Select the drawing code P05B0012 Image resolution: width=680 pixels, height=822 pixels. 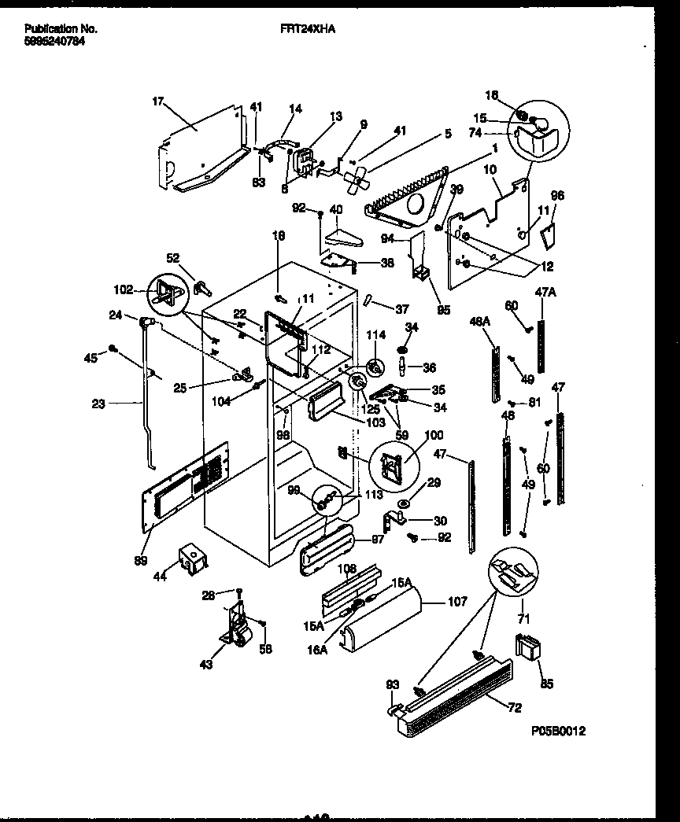click(558, 731)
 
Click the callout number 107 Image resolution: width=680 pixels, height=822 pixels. click(456, 603)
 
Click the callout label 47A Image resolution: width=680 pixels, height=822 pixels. click(545, 292)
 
